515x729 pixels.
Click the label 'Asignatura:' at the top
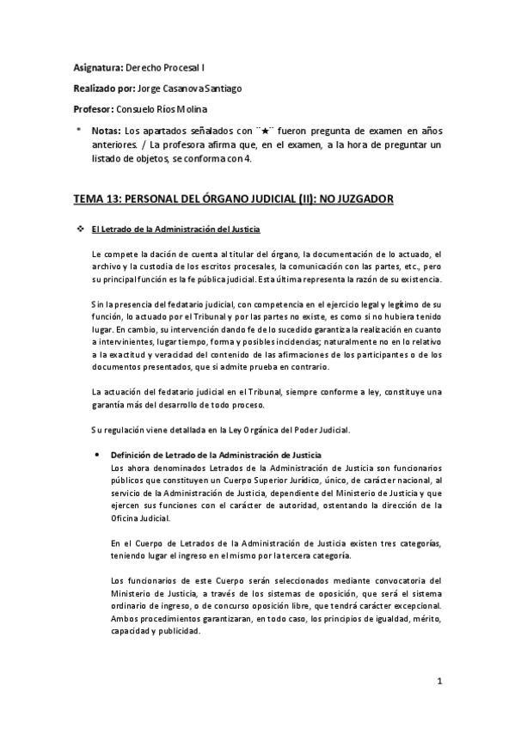point(97,66)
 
